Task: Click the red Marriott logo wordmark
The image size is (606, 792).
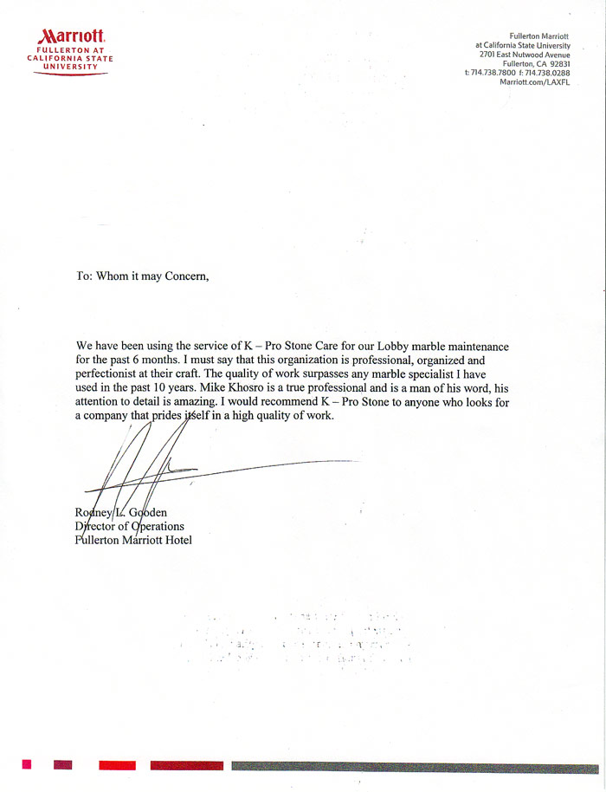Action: pos(73,36)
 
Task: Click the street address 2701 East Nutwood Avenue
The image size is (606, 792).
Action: pos(518,55)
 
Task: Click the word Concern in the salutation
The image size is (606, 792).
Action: pos(180,276)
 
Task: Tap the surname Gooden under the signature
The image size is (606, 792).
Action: pos(146,512)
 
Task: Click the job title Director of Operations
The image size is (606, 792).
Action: pos(130,526)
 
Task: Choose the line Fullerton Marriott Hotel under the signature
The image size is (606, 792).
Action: pos(133,540)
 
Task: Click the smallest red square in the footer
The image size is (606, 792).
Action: pos(27,764)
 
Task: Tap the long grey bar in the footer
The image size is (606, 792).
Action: pos(414,766)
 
